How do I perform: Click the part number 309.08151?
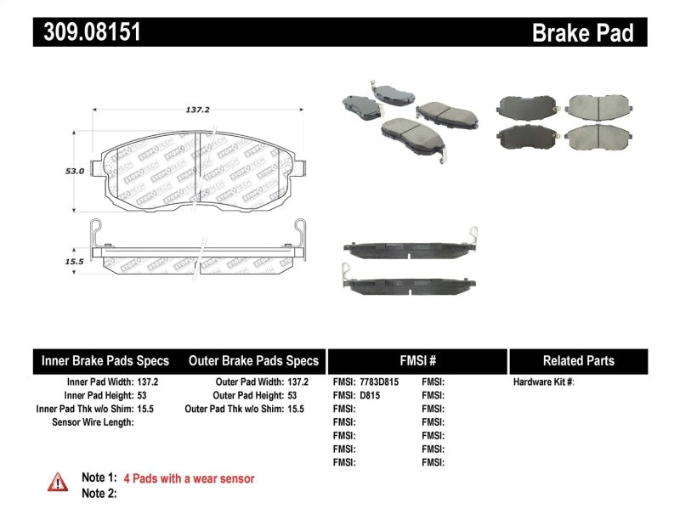(88, 33)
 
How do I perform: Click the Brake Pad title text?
(582, 33)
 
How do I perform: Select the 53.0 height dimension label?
(75, 171)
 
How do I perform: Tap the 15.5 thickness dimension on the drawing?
(74, 262)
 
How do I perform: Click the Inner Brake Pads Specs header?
(105, 360)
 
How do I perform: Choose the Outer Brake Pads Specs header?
(253, 360)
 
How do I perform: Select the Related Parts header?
(578, 360)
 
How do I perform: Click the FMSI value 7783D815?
(377, 382)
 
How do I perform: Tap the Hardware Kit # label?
(543, 382)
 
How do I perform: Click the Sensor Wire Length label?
(93, 421)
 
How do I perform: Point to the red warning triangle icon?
(58, 482)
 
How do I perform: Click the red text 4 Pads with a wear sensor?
(189, 478)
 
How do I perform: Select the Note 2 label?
(99, 493)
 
